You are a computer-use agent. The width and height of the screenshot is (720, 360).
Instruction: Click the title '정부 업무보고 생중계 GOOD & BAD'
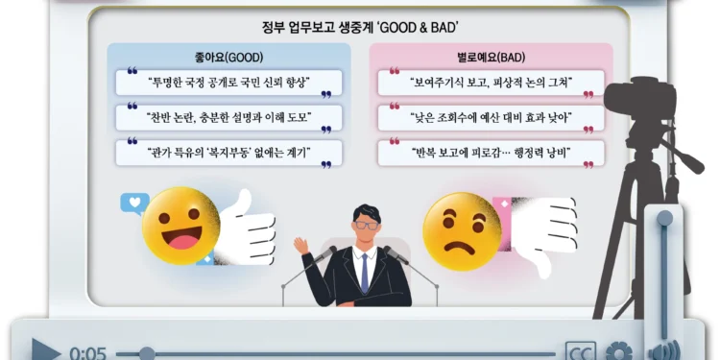click(x=360, y=26)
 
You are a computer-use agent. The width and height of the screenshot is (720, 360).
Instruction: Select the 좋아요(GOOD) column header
click(x=228, y=57)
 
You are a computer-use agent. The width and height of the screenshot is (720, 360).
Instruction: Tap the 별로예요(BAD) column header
click(x=491, y=57)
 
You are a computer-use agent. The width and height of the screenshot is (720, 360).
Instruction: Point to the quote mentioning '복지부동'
click(x=228, y=153)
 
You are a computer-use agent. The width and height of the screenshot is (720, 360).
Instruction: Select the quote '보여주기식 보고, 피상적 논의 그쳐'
click(x=491, y=83)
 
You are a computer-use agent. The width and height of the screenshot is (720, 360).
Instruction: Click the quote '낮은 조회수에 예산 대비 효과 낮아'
click(x=491, y=118)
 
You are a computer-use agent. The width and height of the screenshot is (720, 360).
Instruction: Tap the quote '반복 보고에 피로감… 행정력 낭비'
click(x=491, y=153)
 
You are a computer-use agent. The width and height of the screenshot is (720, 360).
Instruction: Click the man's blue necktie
click(x=364, y=273)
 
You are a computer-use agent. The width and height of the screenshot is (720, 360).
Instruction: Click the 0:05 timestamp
click(x=87, y=352)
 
